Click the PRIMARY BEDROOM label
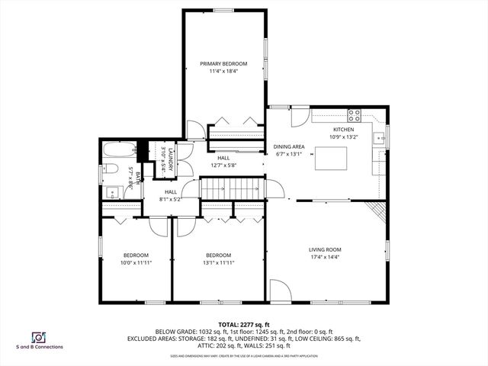coord(224,63)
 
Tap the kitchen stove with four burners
coord(355,116)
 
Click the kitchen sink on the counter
coord(378,138)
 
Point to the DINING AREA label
coord(289,146)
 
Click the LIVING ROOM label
coord(325,249)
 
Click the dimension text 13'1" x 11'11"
coord(218,263)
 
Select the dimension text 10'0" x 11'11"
coord(136,263)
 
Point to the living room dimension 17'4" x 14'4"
coord(325,258)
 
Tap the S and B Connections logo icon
coord(37,336)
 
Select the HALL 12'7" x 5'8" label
coord(223,162)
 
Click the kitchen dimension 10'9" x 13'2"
coord(344,137)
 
